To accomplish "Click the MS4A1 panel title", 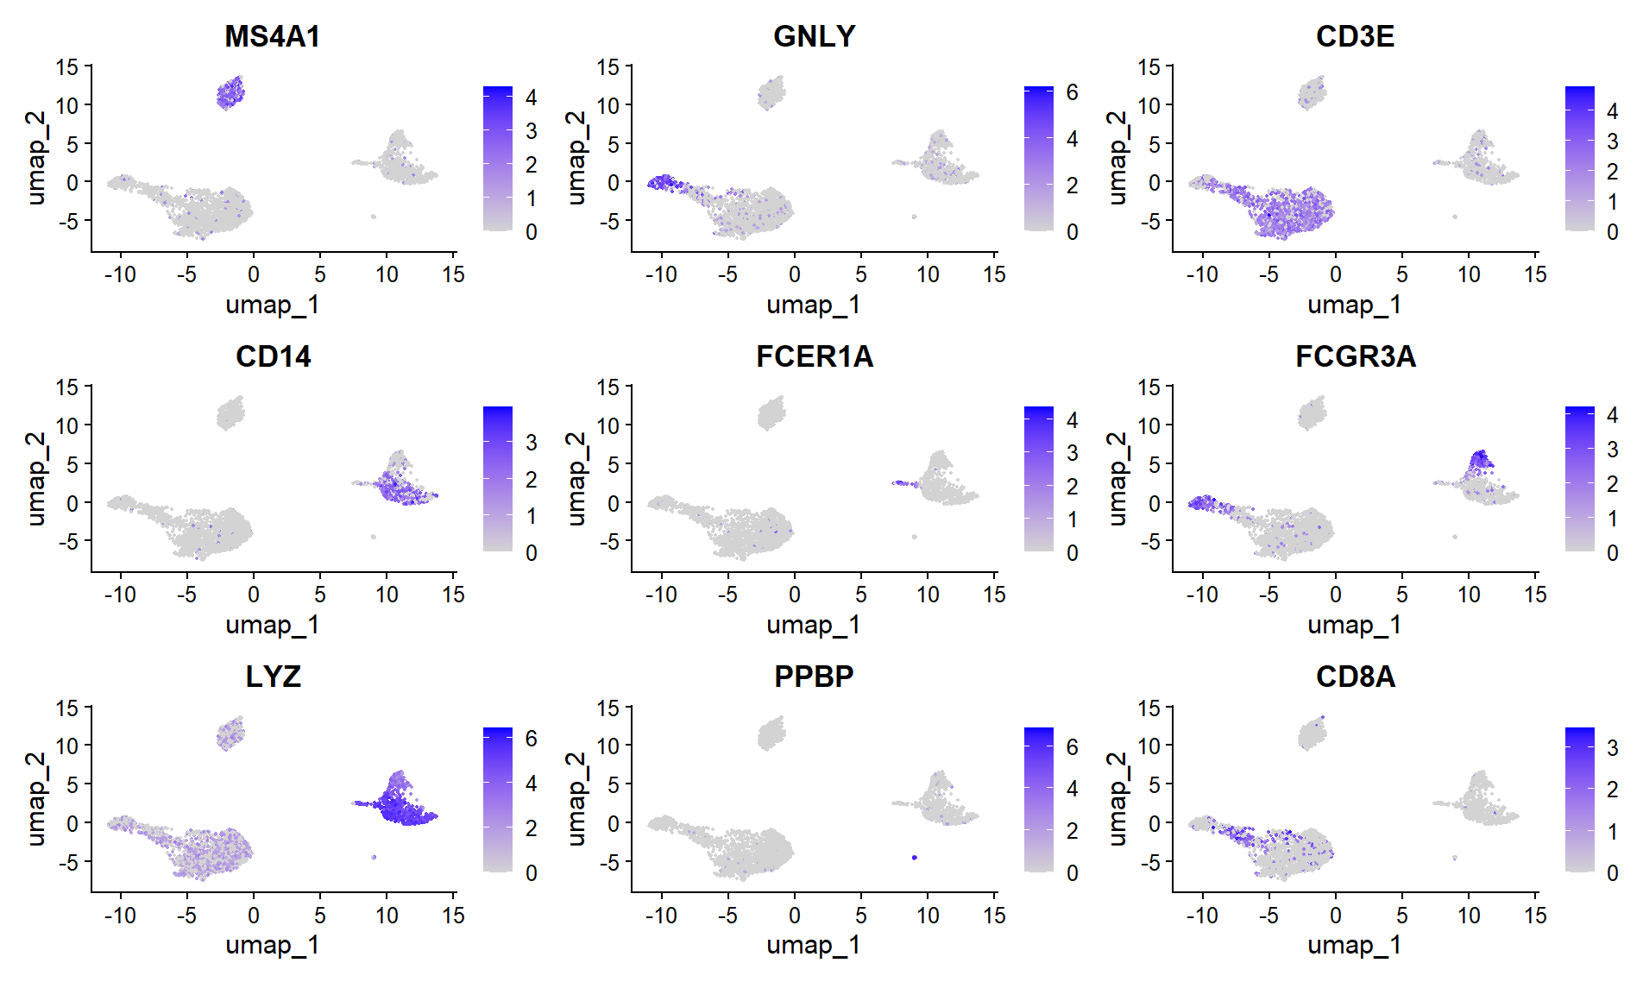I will click(x=272, y=36).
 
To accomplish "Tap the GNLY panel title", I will click(x=814, y=36).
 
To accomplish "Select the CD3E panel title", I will click(x=1355, y=36).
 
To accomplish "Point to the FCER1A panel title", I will click(x=814, y=356).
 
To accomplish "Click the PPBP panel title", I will click(x=814, y=677).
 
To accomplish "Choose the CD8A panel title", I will click(x=1355, y=677).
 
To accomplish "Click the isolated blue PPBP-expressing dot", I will click(x=914, y=857).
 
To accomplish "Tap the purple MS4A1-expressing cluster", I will click(x=230, y=92).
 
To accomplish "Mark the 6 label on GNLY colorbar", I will click(x=1072, y=92).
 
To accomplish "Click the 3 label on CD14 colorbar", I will click(x=532, y=443).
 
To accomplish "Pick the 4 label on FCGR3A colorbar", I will click(x=1612, y=415).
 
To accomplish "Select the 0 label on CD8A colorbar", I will click(x=1612, y=872).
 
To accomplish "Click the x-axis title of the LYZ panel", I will click(x=272, y=945).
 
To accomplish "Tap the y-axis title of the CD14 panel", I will click(x=35, y=479).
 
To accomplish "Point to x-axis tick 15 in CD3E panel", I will click(x=1535, y=274).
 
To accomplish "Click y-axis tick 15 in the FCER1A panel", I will click(x=608, y=387).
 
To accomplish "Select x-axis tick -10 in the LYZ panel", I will click(x=120, y=915).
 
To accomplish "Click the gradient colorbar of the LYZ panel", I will click(x=498, y=799).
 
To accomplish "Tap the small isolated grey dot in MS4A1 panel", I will click(x=373, y=217).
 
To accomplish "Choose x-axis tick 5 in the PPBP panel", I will click(x=861, y=915).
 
